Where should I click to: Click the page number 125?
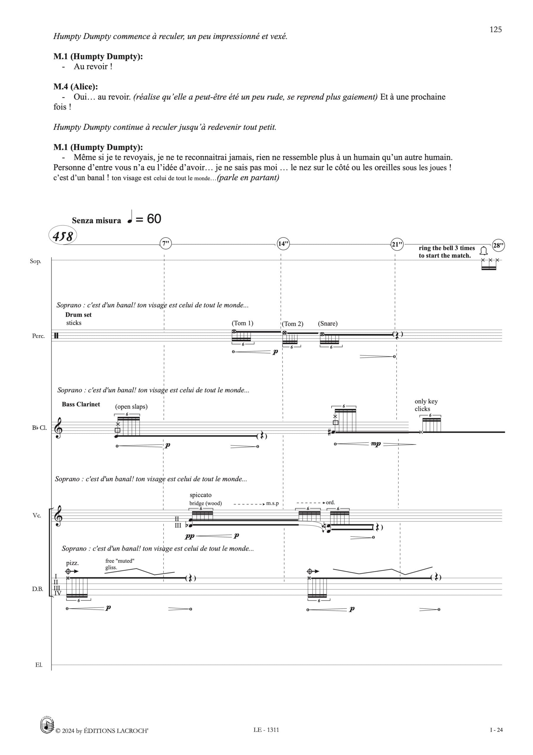(496, 29)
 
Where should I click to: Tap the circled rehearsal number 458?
(63, 236)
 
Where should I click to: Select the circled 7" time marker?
(165, 244)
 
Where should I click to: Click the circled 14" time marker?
(283, 244)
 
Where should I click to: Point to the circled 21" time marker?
(397, 244)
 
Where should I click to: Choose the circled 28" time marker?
(498, 245)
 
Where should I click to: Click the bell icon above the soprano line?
(483, 251)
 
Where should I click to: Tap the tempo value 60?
(154, 219)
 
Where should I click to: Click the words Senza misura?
(96, 221)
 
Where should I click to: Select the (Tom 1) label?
(242, 323)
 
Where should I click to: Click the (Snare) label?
(327, 324)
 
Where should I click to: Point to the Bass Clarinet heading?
(81, 404)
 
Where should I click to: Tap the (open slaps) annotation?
(131, 406)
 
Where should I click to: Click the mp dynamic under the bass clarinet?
(375, 444)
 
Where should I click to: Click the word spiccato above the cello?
(201, 495)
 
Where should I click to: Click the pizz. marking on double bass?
(72, 563)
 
